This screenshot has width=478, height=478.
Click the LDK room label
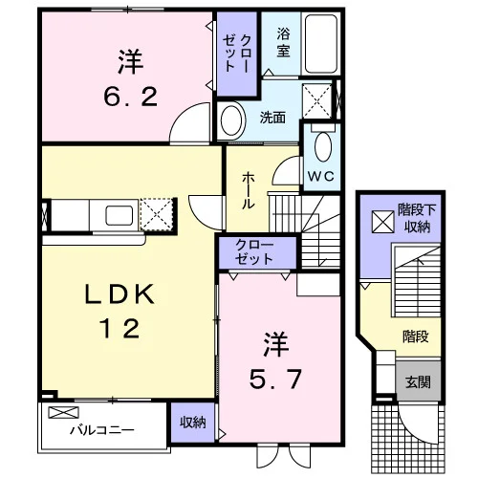(119, 293)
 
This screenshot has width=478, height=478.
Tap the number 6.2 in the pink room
(130, 98)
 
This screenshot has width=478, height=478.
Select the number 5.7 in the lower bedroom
(275, 379)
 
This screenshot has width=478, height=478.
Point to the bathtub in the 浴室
(321, 44)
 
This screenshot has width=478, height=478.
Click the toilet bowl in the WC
(323, 147)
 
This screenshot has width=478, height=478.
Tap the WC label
(321, 176)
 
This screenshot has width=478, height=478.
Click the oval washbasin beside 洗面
(231, 121)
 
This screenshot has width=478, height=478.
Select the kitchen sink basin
(119, 215)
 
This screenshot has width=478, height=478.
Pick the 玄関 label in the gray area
(418, 381)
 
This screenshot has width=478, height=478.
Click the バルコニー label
(102, 430)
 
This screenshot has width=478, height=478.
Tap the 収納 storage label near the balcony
(193, 423)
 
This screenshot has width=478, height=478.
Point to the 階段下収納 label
(417, 218)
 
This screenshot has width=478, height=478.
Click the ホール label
(249, 190)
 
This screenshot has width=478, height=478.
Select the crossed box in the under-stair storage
(383, 222)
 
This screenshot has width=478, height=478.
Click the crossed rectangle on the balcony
(63, 412)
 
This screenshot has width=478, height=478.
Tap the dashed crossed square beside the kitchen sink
(157, 214)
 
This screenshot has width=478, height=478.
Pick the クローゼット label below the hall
(254, 252)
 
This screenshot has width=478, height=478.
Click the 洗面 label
(272, 118)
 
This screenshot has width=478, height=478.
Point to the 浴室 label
(283, 42)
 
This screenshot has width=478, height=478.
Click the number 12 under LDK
(119, 329)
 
